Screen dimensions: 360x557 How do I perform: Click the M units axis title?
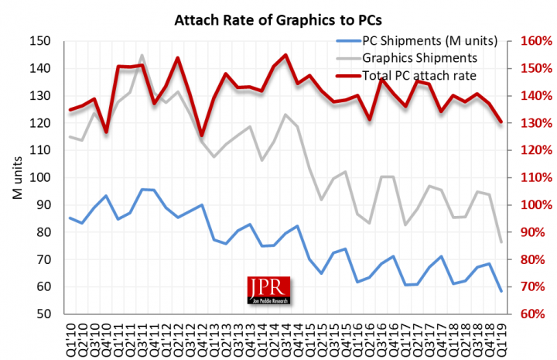17,177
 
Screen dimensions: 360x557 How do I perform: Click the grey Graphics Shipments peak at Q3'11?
142,56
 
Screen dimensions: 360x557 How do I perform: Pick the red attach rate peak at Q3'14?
285,55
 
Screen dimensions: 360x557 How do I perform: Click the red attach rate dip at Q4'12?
202,135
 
